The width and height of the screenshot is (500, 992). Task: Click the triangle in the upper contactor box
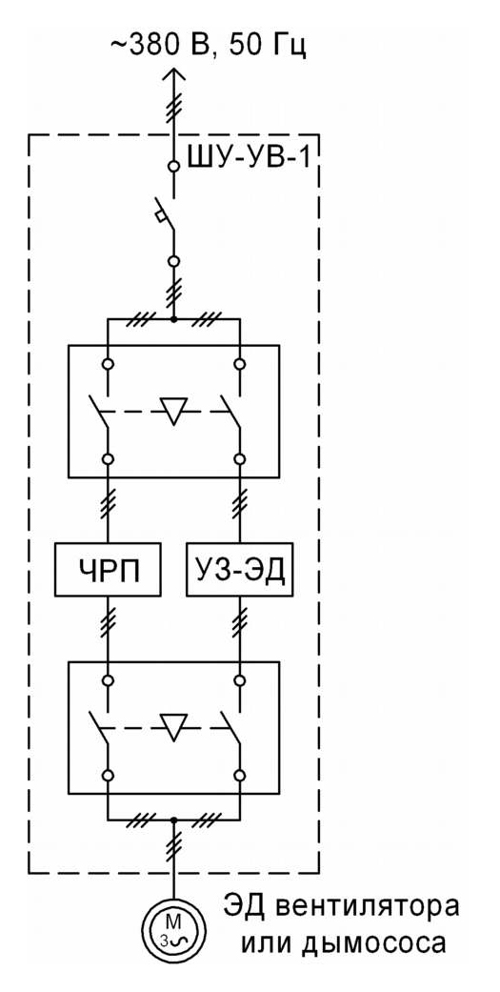click(x=173, y=411)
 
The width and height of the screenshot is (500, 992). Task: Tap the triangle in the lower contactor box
click(x=173, y=726)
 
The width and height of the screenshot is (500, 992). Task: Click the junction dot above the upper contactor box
click(x=173, y=319)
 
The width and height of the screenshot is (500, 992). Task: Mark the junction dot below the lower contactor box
click(x=173, y=819)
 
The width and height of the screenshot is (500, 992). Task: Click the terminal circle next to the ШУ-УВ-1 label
click(x=173, y=167)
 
